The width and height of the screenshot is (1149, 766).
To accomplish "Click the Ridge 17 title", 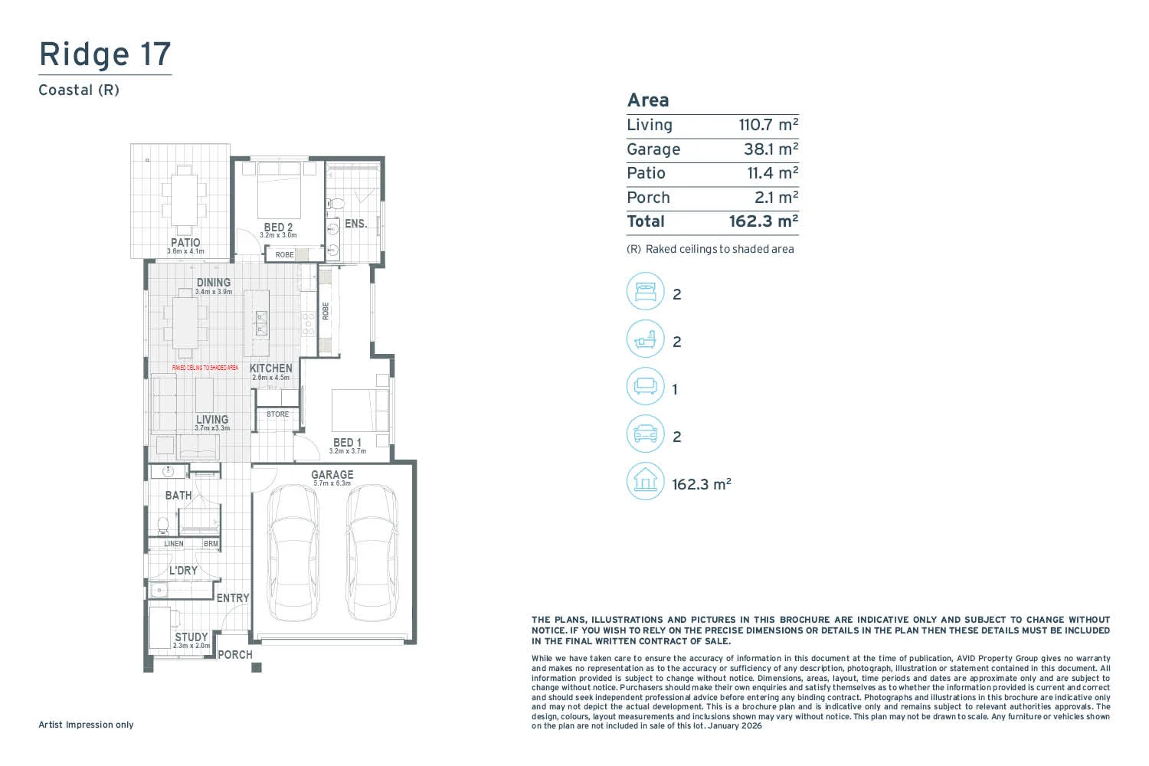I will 105,54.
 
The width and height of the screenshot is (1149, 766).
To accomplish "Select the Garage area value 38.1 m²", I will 770,149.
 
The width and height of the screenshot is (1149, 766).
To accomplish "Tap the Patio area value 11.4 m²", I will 772,173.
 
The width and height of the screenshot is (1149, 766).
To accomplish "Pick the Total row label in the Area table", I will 646,221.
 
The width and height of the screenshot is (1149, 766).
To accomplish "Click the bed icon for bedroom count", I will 645,292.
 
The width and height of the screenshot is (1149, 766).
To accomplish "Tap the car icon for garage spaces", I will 645,434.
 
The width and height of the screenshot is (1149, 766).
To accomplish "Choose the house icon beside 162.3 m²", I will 645,482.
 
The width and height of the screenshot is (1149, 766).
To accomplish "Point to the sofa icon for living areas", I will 645,387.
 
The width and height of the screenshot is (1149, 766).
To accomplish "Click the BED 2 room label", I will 278,228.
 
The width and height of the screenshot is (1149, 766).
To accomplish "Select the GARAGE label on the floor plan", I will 332,475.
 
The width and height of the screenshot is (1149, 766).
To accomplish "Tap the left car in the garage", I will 293,553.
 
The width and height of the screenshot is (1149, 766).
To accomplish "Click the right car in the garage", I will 372,553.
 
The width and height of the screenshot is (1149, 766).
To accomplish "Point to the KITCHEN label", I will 270,368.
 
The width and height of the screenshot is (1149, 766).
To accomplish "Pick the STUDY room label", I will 191,637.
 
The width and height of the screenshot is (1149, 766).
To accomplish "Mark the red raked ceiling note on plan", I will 205,368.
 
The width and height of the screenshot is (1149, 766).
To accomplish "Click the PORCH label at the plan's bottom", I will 235,655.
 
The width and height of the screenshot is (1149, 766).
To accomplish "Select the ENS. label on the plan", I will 355,224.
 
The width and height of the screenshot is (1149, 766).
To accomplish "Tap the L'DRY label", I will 183,571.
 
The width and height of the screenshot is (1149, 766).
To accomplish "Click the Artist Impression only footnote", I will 86,725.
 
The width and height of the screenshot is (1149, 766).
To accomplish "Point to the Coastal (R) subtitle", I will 79,90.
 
